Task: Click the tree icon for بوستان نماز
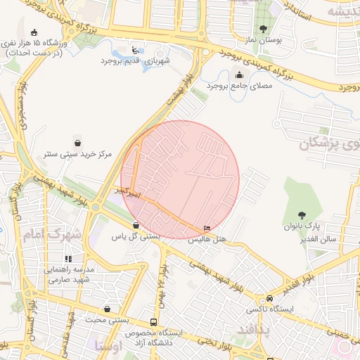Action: (x=263, y=29)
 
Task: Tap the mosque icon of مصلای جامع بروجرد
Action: (x=240, y=75)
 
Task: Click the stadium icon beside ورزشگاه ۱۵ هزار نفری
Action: (x=34, y=31)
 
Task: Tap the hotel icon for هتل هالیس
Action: (x=206, y=229)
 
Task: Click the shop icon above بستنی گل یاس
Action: (x=136, y=226)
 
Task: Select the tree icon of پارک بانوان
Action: (x=302, y=215)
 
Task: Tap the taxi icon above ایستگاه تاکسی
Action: (x=270, y=298)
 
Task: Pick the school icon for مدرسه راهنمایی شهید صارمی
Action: (x=68, y=259)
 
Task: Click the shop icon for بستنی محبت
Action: (x=107, y=309)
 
